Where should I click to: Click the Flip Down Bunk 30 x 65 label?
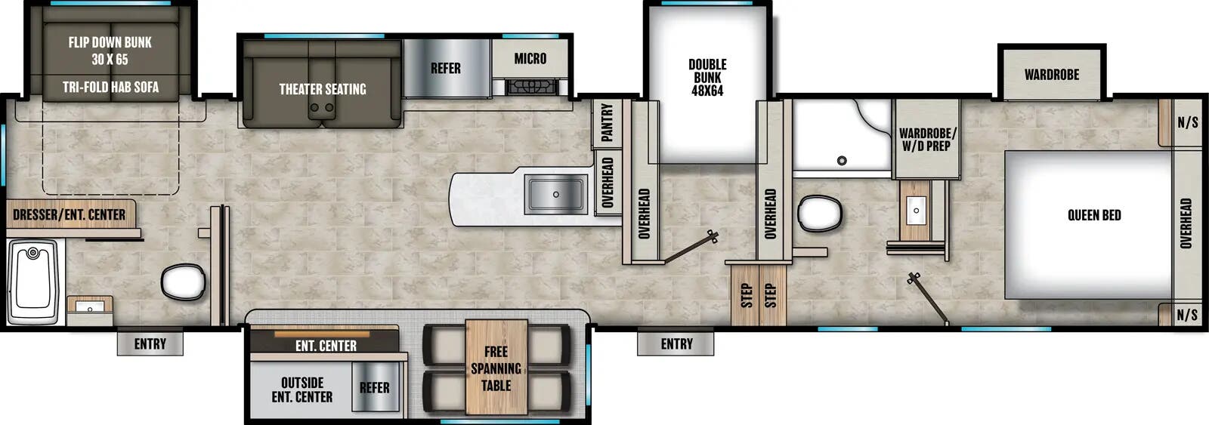110,51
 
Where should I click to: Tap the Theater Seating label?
323,89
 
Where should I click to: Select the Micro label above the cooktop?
530,58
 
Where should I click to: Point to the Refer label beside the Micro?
446,68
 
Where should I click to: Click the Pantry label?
607,122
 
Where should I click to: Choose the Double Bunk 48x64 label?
707,77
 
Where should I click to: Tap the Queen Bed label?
1093,215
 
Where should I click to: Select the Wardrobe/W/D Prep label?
927,139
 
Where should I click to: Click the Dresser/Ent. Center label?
70,214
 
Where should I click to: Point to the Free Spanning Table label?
496,368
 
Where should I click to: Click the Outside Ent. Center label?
301,390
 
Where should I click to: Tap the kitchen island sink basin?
556,194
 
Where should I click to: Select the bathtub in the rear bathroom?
32,282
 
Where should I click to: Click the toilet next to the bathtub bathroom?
183,282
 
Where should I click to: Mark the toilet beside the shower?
820,213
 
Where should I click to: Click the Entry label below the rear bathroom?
150,344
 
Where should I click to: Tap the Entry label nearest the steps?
676,344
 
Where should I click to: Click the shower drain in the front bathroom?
841,160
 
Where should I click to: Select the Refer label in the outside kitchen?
374,387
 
